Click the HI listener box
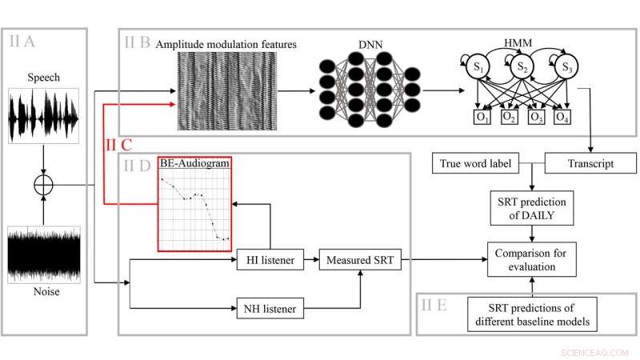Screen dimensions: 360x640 pyautogui.click(x=270, y=259)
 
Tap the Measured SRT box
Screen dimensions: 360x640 pyautogui.click(x=358, y=259)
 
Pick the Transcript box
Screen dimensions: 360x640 pyautogui.click(x=586, y=165)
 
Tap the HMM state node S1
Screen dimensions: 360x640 pyautogui.click(x=478, y=66)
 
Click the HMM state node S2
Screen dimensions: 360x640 pyautogui.click(x=522, y=66)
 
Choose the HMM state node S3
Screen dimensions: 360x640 pyautogui.click(x=566, y=66)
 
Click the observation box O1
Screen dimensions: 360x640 pyautogui.click(x=482, y=118)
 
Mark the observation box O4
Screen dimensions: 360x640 pyautogui.click(x=562, y=118)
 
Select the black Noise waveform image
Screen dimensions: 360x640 pyautogui.click(x=44, y=254)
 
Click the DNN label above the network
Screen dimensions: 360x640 pyautogui.click(x=365, y=46)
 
